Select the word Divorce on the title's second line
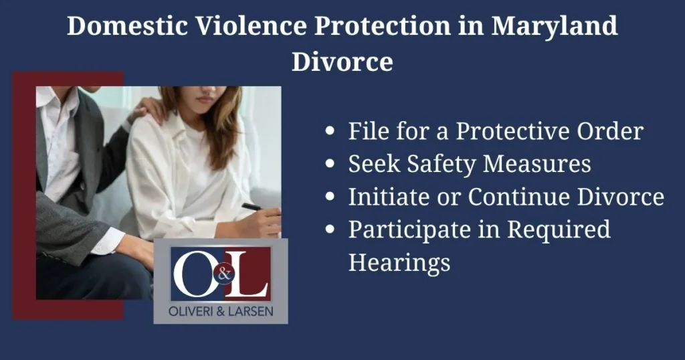(342, 62)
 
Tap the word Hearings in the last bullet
(399, 262)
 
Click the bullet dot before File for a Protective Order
(330, 132)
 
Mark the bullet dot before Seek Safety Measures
(330, 165)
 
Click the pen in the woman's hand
(254, 207)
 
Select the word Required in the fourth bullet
(559, 230)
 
